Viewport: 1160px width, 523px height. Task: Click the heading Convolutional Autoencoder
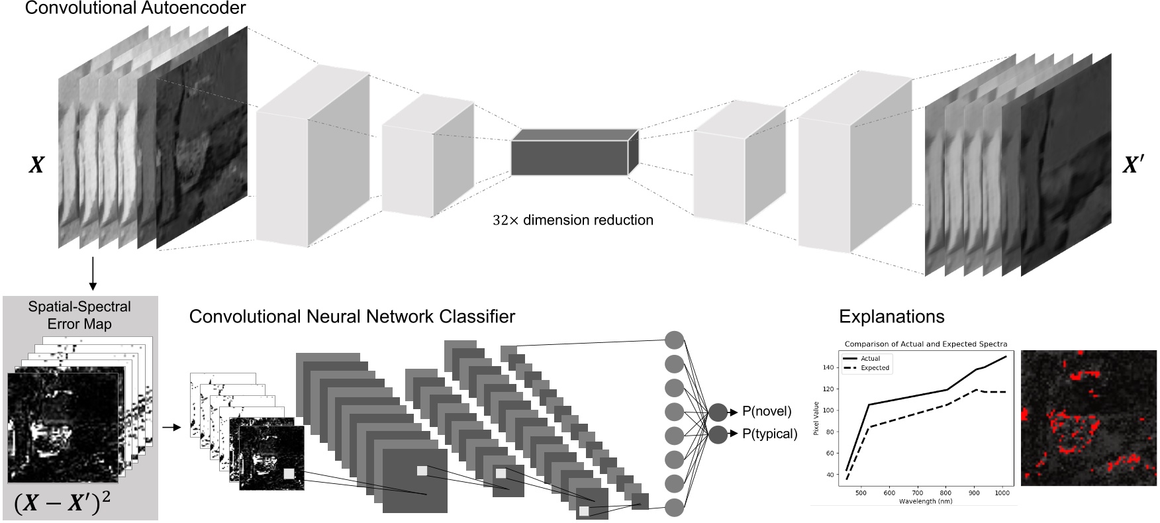pos(135,9)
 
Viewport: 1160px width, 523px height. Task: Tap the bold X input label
pos(36,165)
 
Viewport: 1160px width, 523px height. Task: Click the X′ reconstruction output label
pos(1133,164)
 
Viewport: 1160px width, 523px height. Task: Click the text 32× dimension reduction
pos(572,220)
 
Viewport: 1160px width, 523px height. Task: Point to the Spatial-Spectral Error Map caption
pos(79,315)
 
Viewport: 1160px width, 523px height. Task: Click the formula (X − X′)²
pos(62,504)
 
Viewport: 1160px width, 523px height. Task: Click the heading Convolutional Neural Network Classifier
pos(352,316)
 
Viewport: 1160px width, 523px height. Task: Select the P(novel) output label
pos(766,411)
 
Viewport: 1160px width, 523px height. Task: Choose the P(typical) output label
pos(769,434)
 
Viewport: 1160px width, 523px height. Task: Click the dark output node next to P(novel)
pos(718,412)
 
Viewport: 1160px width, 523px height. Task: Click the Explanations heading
pos(891,316)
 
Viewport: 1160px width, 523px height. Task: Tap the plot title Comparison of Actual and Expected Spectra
pos(926,344)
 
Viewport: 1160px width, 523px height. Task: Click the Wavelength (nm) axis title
pos(925,501)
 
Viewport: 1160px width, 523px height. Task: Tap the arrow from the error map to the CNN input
pos(171,428)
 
